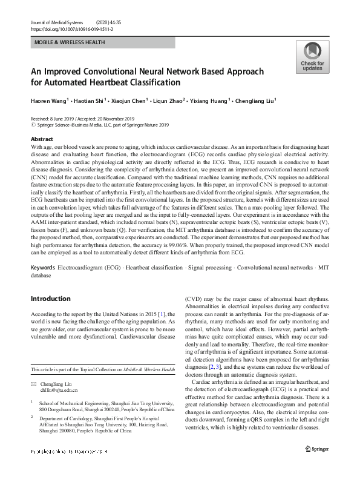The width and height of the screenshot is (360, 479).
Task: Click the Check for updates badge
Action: click(312, 57)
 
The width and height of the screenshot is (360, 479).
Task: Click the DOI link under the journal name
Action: click(71, 28)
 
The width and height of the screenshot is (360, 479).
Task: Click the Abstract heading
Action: click(42, 139)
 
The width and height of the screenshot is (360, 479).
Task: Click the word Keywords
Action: click(44, 267)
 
